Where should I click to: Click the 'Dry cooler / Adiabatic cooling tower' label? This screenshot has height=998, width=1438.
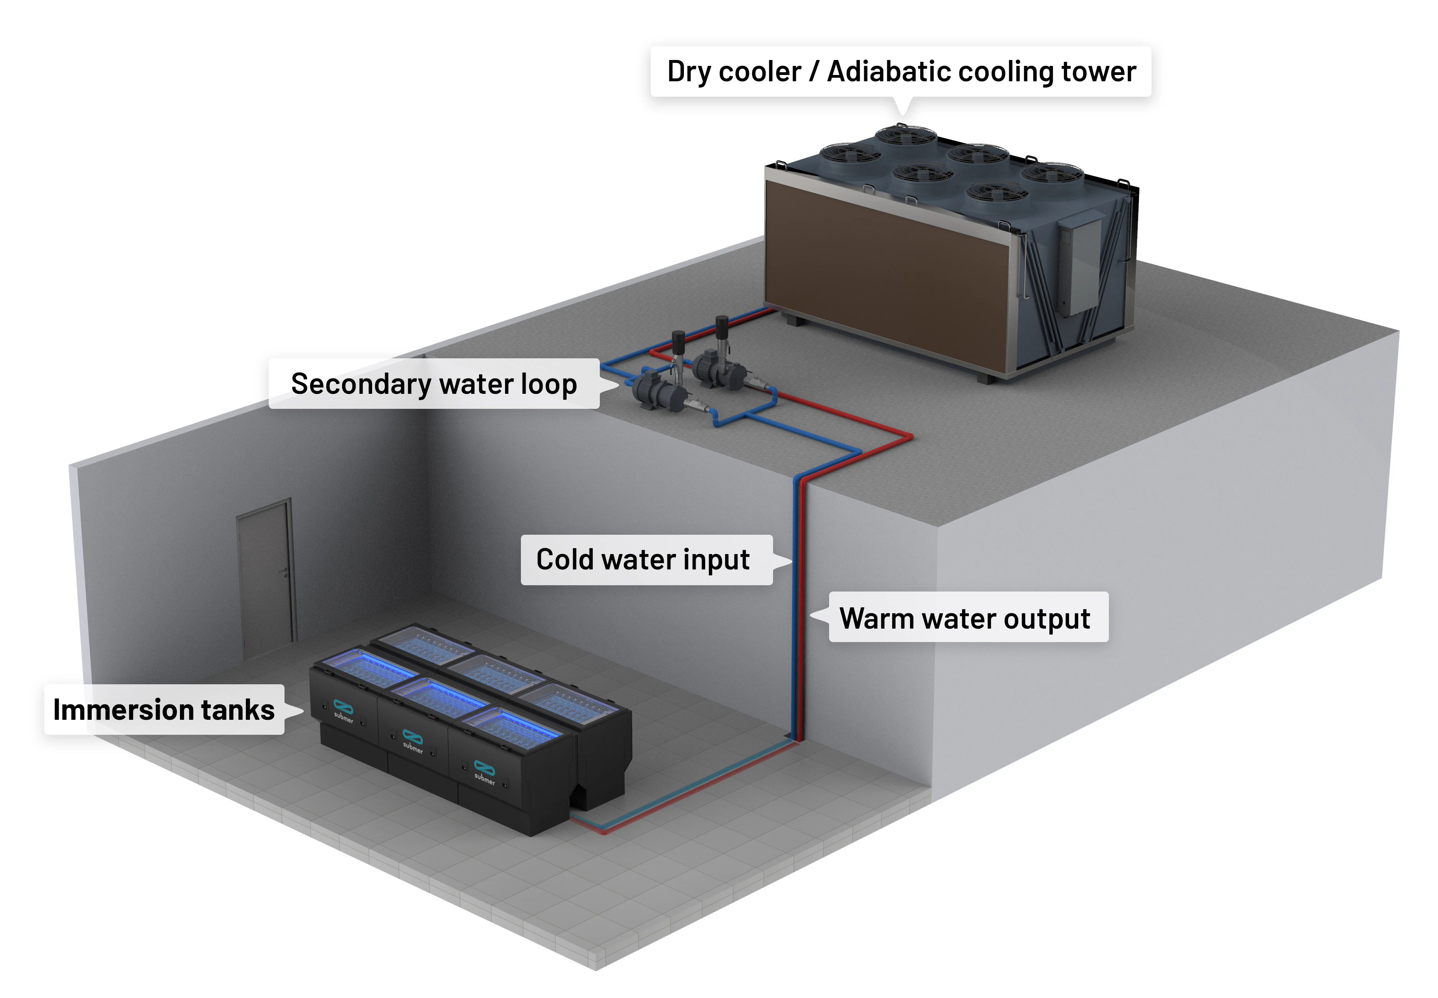pos(901,71)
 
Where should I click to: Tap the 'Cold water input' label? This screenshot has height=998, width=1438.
pos(646,560)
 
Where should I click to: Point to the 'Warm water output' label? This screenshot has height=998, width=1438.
pos(968,617)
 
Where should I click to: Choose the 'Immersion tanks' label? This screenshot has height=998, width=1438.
pos(164,709)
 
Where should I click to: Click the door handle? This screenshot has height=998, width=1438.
pos(285,571)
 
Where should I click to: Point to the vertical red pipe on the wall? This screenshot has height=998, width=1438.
pos(803,610)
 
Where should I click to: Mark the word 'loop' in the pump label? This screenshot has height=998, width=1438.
pos(550,385)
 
